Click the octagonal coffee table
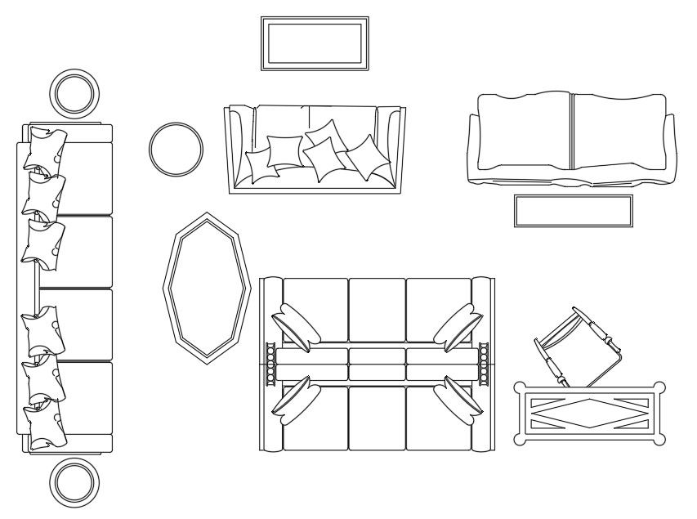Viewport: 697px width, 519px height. (x=205, y=284)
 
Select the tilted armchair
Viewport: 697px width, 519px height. (x=578, y=346)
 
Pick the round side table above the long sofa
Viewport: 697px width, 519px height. (x=75, y=93)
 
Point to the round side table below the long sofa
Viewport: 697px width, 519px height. (x=75, y=481)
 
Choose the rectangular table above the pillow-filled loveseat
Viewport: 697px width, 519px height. (x=315, y=43)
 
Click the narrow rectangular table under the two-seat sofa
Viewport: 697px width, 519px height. (x=573, y=210)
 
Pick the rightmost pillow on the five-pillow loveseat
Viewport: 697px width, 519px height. (x=369, y=158)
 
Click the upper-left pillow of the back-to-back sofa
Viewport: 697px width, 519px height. (x=297, y=325)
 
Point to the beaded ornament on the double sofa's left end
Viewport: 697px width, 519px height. (x=270, y=362)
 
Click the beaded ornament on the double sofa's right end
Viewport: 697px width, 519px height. (x=483, y=362)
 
